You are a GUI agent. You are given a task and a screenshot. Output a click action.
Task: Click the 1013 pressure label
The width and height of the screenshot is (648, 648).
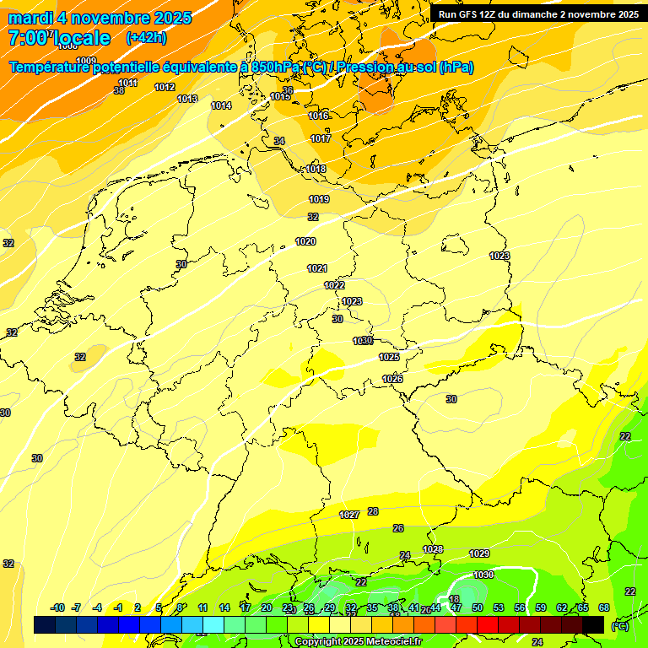pos(187,99)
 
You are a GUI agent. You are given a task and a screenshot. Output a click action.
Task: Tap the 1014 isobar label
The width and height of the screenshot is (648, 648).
pos(221,105)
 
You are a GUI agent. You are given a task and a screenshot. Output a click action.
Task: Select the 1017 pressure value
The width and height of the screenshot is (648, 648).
pos(321,138)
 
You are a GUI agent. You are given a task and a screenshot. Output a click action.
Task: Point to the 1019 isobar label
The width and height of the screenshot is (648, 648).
pos(319,199)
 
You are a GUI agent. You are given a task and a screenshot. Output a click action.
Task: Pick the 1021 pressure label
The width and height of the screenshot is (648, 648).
pos(317,268)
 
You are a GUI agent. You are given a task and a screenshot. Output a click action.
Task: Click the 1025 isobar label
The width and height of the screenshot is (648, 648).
pos(389,357)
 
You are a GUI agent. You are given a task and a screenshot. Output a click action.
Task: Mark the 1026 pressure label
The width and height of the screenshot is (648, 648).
pos(392,379)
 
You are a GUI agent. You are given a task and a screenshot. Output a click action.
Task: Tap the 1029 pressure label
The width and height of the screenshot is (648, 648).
pos(479,553)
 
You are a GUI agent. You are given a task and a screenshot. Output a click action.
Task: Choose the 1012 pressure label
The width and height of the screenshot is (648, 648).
pos(165,87)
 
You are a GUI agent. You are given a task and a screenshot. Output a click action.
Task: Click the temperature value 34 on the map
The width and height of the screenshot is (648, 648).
pos(279,141)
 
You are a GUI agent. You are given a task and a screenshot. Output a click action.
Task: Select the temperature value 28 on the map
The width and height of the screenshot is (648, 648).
pos(373,511)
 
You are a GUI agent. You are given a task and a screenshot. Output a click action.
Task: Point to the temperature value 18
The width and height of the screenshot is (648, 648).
pos(454,599)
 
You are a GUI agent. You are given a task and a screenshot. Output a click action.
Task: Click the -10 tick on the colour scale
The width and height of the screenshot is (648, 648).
pos(57,607)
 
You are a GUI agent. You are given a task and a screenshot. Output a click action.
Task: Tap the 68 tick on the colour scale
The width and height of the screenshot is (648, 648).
pos(604,607)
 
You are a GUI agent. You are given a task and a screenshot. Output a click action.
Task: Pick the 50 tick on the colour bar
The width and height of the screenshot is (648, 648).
pos(478,607)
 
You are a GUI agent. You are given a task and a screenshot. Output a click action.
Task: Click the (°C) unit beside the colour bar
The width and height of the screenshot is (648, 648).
pos(620,625)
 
